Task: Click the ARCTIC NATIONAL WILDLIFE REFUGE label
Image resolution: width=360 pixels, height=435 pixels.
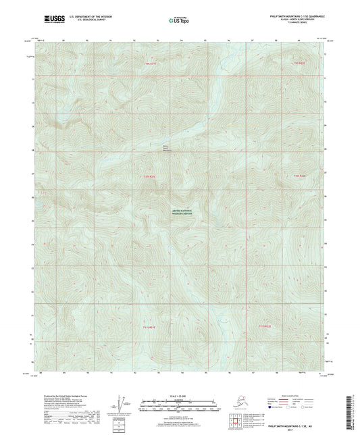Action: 180,213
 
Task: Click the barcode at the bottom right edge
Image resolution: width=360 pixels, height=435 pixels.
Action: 355,405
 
